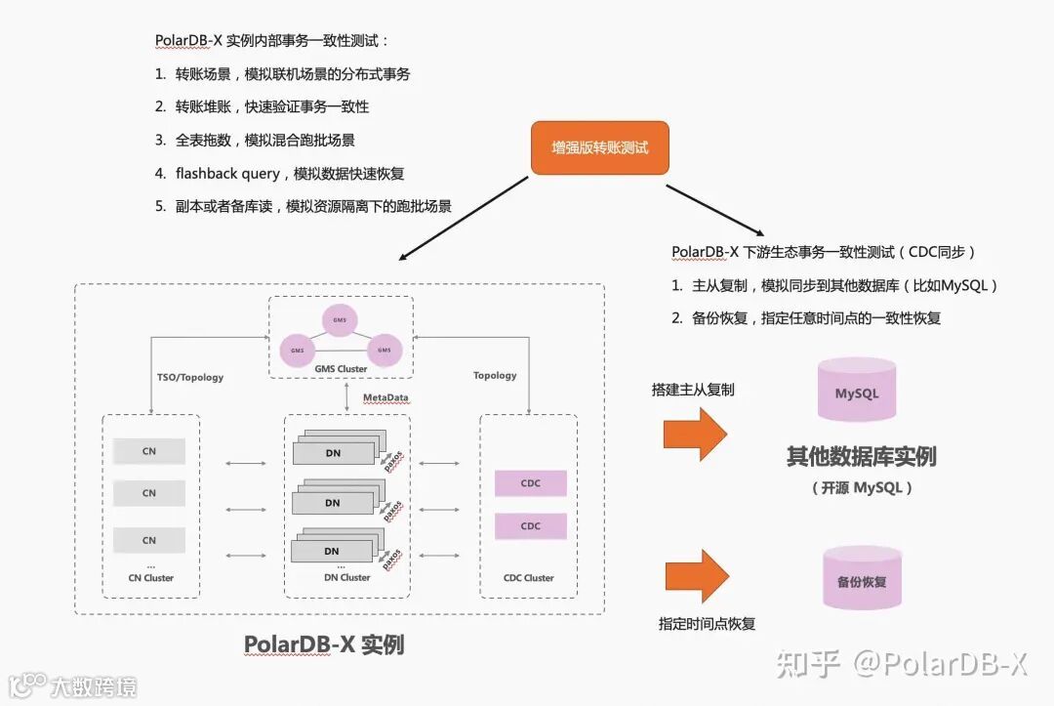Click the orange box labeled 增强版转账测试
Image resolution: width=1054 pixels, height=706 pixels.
click(599, 147)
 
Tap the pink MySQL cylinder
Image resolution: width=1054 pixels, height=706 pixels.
click(857, 391)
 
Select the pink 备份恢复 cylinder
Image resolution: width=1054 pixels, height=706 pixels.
click(862, 580)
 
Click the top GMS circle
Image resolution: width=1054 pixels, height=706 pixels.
click(340, 319)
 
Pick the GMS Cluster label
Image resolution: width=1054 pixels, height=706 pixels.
click(340, 369)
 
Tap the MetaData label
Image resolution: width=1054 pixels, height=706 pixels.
click(385, 398)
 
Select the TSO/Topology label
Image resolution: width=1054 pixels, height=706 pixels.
click(190, 377)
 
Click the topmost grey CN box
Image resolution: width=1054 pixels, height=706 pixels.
click(149, 451)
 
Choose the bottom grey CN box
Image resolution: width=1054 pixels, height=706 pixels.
click(149, 540)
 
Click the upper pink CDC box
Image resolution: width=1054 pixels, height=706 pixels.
click(530, 483)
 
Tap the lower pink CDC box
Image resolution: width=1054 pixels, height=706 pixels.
click(530, 526)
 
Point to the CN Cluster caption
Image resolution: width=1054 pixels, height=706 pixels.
click(150, 578)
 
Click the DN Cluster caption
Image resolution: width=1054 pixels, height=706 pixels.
click(346, 578)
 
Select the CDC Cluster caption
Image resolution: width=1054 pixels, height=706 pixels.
click(528, 578)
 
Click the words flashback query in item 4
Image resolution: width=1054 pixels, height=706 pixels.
click(226, 174)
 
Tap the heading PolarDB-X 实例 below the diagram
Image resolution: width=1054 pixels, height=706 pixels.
click(324, 645)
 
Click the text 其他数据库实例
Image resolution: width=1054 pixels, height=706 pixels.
click(861, 456)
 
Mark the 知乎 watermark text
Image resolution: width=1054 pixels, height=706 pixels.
click(807, 665)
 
